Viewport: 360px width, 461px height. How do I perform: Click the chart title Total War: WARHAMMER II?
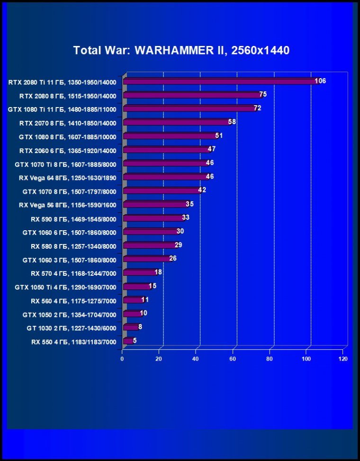181,50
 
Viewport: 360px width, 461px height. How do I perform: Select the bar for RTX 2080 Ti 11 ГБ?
220,81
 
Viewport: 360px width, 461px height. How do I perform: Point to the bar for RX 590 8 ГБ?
153,218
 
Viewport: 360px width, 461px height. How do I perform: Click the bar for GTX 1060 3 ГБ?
146,259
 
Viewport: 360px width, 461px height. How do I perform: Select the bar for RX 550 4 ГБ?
127,341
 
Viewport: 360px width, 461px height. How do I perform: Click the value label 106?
320,81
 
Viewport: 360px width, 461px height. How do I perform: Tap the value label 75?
263,94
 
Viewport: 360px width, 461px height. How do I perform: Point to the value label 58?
232,122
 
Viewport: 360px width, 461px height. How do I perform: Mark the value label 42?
202,190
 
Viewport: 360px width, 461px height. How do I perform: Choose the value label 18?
158,272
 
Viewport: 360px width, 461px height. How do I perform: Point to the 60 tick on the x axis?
233,359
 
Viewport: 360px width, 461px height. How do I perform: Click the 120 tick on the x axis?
343,359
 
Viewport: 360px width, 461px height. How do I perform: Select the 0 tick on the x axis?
122,359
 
